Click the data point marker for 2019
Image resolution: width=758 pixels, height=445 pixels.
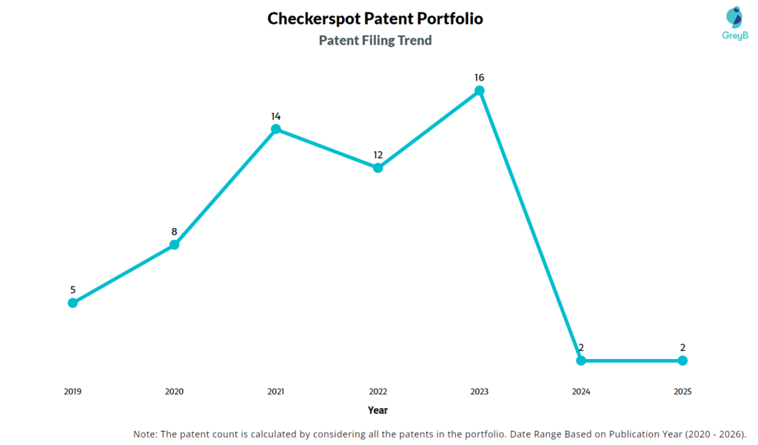point(73,302)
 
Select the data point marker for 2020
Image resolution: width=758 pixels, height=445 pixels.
point(175,244)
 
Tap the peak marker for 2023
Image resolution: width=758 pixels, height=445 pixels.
point(480,90)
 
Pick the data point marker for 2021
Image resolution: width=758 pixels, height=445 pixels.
point(276,129)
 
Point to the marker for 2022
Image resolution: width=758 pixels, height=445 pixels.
point(378,167)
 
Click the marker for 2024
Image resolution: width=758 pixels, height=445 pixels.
point(581,361)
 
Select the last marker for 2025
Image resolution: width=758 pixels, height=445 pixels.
point(682,361)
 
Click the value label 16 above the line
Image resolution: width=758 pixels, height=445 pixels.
point(480,77)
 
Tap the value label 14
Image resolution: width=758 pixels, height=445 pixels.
point(276,116)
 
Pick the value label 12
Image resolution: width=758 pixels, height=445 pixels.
point(378,155)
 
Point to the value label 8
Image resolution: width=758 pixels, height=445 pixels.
point(175,232)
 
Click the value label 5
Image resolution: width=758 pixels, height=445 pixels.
point(73,290)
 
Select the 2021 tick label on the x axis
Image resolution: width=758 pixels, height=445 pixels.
point(276,392)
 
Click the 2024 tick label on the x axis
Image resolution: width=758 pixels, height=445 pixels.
point(581,392)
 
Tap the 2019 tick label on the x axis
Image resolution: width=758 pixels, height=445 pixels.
point(73,392)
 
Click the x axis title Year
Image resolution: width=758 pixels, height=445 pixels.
point(378,410)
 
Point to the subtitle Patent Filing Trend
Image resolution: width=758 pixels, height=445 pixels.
point(375,41)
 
